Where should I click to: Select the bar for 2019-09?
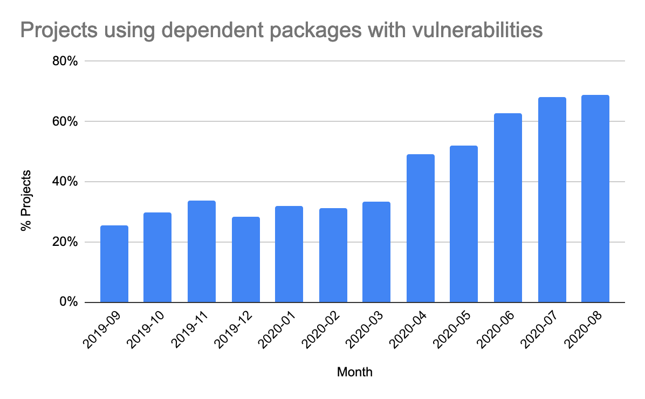tap(114, 264)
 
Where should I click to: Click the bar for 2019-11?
tap(202, 251)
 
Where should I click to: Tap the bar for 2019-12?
tap(246, 259)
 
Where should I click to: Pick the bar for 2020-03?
tap(376, 252)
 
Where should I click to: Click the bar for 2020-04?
tap(421, 228)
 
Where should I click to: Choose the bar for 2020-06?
tap(508, 208)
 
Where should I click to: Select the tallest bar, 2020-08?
tap(595, 198)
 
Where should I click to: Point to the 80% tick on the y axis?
tap(65, 61)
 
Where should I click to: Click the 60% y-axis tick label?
tap(65, 122)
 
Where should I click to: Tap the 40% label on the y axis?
tap(65, 182)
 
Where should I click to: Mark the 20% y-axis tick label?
tap(65, 242)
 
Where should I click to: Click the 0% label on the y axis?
tap(68, 302)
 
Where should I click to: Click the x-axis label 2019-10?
tap(143, 333)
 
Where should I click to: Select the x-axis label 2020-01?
tap(275, 333)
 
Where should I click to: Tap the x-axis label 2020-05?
tap(449, 333)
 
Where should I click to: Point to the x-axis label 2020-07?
tap(537, 333)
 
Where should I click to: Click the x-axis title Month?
tap(354, 372)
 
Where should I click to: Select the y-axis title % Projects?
tap(25, 201)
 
